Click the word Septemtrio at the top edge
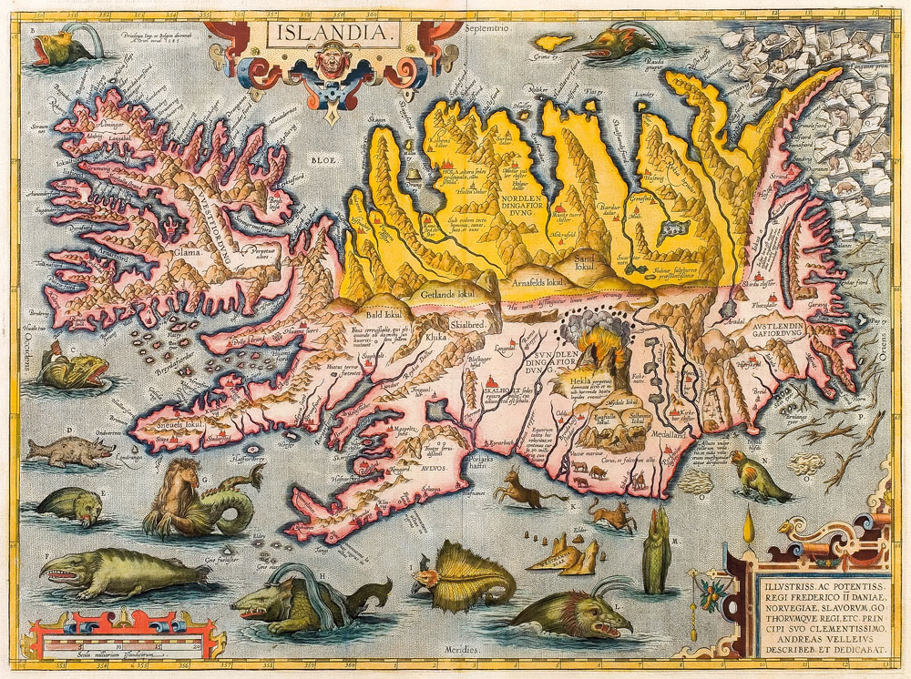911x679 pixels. pos(491,28)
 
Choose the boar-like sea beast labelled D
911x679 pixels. pos(68,451)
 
